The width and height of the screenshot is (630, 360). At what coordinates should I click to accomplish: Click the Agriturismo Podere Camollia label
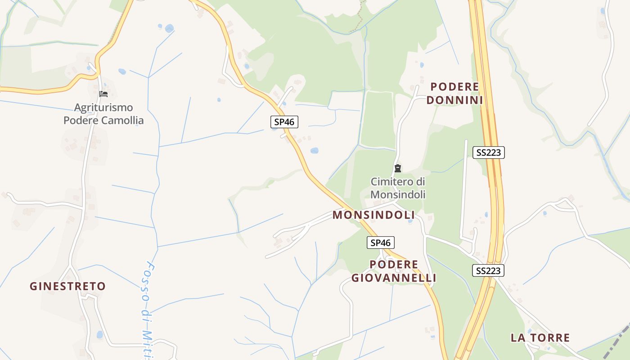103,114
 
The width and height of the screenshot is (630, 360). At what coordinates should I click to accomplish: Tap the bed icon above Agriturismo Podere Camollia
103,94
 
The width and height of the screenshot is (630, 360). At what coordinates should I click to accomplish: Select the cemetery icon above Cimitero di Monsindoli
398,169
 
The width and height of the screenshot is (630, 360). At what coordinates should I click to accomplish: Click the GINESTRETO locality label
67,286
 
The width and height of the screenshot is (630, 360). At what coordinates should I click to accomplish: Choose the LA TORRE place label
540,337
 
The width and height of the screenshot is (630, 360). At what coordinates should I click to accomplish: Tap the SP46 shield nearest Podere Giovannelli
381,243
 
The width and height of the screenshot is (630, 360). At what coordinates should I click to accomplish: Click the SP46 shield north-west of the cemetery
284,121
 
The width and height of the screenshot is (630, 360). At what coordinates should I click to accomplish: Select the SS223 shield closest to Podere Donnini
489,153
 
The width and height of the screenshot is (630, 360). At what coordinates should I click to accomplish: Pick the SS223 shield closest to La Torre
488,271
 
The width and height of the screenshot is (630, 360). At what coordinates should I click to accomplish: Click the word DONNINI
454,100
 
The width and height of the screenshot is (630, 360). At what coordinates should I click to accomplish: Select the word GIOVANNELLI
394,278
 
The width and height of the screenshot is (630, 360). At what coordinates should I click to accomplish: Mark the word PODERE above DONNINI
454,86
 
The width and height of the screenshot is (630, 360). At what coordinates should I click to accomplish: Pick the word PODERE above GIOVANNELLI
394,265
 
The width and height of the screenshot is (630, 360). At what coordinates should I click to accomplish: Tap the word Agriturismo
103,108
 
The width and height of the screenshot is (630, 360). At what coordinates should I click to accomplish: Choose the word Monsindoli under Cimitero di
398,194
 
